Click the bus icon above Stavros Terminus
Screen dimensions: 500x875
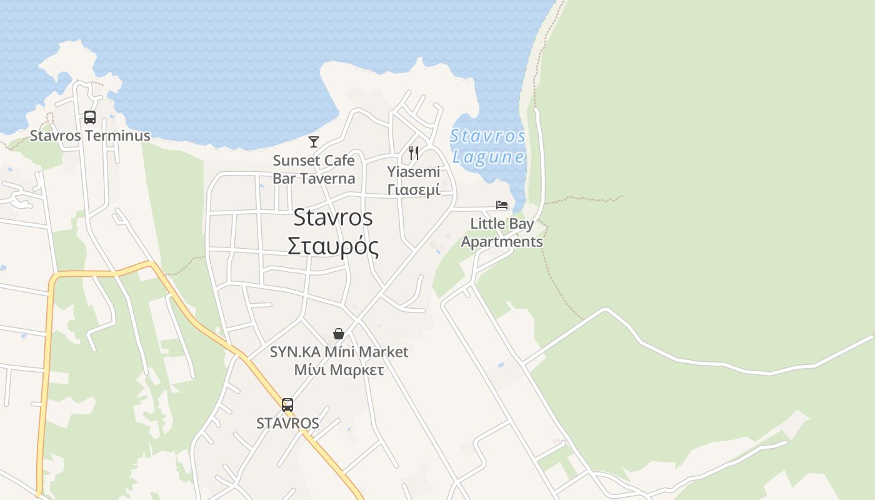(90, 117)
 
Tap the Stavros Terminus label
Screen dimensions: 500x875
(90, 136)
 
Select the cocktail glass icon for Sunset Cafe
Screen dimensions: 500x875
(314, 142)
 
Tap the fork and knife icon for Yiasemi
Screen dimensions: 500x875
(413, 153)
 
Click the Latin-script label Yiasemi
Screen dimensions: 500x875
(413, 171)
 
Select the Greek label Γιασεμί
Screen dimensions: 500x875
(413, 189)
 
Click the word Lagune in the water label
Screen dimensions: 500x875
(488, 156)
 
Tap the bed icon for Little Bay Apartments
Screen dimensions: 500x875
(502, 205)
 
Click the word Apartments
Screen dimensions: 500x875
(502, 241)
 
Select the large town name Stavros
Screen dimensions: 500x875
(332, 217)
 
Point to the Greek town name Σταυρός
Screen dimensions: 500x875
(332, 246)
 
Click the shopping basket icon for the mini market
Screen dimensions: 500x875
(339, 334)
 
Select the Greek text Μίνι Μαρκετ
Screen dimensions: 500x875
(339, 370)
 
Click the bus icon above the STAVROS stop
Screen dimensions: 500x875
(287, 405)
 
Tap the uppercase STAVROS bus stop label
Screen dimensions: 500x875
(287, 423)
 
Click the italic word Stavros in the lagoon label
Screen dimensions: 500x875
(487, 136)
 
